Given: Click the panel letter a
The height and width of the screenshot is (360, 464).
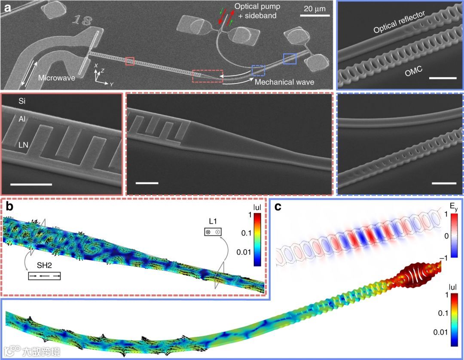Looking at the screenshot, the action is [x=7, y=7].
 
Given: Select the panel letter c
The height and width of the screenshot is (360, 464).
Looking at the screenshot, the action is [x=278, y=207].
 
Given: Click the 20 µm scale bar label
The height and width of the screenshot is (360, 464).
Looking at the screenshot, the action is [x=314, y=9].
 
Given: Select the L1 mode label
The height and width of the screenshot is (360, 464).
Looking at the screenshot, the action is [x=212, y=221].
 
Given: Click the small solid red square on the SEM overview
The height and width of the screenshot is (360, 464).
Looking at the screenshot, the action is [x=130, y=61].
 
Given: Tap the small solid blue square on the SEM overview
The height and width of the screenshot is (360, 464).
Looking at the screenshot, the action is [x=290, y=59].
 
